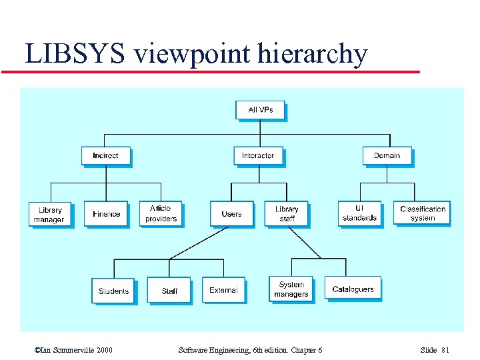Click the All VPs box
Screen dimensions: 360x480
[x=260, y=110]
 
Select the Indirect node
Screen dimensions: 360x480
[x=105, y=156]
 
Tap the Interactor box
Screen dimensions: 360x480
[x=258, y=156]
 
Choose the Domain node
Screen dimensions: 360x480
[x=387, y=156]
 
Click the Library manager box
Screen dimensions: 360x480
[x=50, y=214]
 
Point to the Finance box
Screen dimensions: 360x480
[x=106, y=214]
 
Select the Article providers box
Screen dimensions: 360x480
[x=161, y=213]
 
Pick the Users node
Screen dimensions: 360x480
[x=231, y=214]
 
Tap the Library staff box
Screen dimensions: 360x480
[x=287, y=214]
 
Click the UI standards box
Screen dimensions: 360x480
[x=360, y=213]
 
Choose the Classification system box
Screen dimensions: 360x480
[x=423, y=213]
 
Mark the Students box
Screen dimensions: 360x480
[x=113, y=291]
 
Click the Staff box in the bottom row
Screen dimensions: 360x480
[x=169, y=291]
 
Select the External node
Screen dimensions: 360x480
[x=223, y=290]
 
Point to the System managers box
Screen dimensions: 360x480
[x=291, y=289]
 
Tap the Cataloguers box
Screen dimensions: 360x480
[x=353, y=289]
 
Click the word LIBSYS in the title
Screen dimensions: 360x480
[x=75, y=55]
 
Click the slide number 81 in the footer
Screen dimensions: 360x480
[x=445, y=350]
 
